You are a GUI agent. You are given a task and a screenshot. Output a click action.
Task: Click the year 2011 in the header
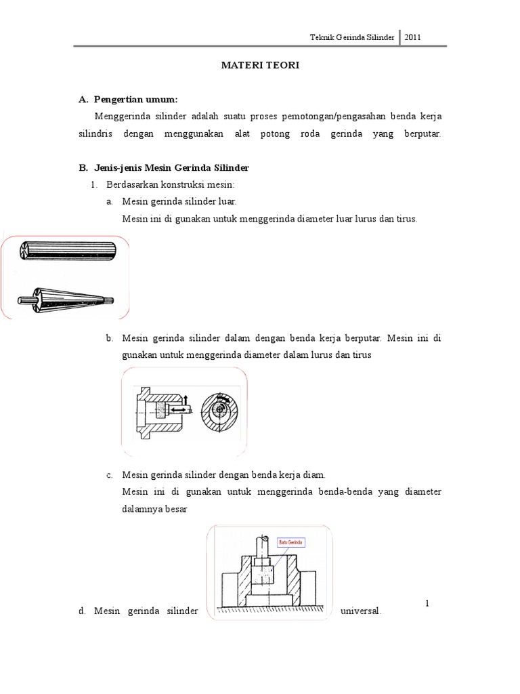[x=413, y=37]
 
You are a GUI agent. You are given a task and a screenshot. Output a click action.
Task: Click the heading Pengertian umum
[x=136, y=100]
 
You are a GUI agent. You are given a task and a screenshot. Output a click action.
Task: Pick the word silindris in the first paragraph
[x=93, y=134]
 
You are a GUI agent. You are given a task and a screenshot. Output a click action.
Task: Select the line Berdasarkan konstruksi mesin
[x=170, y=184]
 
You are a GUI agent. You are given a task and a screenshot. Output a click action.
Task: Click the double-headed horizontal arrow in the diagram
[x=179, y=410]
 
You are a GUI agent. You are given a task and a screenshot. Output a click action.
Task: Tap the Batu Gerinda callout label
[x=290, y=542]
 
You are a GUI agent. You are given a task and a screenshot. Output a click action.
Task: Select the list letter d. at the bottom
[x=81, y=611]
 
